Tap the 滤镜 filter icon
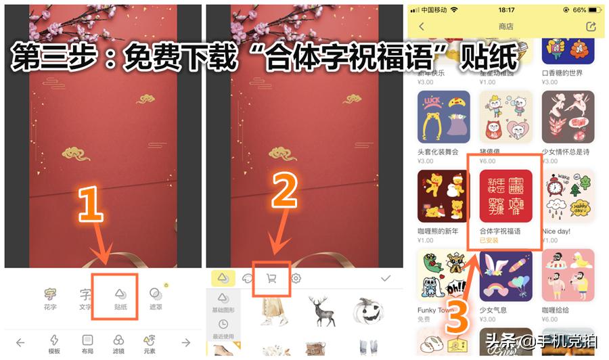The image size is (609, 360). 119,342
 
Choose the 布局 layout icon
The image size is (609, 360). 87,342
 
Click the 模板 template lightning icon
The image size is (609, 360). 54,342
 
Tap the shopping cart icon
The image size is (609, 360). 271,278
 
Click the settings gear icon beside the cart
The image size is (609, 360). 296,278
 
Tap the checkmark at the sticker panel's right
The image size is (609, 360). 386,278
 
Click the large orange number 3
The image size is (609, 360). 457,315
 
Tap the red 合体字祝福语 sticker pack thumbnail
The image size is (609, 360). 505,196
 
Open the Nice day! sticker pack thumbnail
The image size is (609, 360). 568,196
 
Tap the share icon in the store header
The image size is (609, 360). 591,26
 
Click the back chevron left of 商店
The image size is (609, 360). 422,26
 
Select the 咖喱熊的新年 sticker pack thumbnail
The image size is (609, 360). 444,196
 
